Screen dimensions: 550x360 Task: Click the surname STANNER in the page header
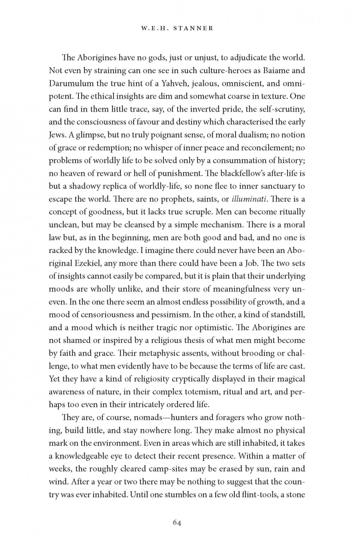[x=195, y=28]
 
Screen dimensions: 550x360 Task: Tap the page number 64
[x=177, y=522]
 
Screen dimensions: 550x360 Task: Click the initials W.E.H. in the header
[x=156, y=28]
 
